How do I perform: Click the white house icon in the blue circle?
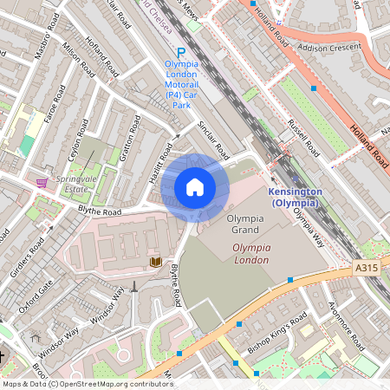195,187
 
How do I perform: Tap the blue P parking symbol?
181,53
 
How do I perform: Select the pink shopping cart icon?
42,182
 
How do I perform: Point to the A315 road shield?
367,270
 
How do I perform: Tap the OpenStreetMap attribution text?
87,383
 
